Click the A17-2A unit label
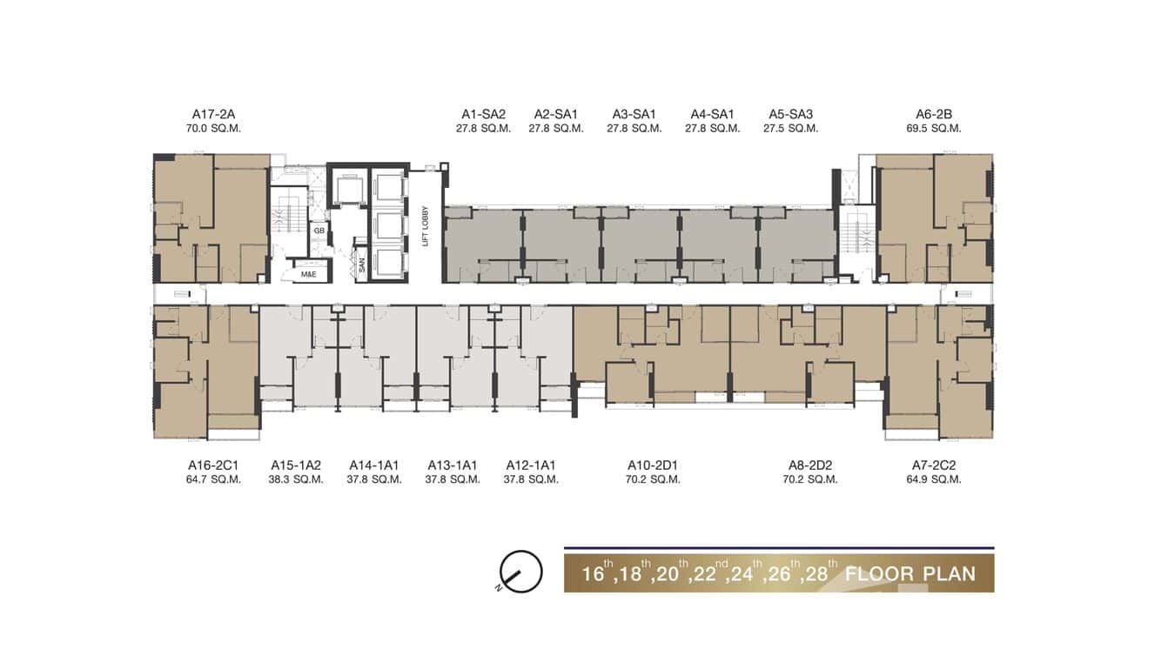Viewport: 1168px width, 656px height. tap(213, 114)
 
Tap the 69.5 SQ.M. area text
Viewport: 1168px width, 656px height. tap(933, 128)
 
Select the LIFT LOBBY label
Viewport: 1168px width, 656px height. tap(425, 226)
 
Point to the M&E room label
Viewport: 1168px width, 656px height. tap(309, 274)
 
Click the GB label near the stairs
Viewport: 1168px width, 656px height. tap(319, 231)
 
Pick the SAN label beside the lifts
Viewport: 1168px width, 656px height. tap(362, 265)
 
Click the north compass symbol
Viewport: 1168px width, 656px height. tap(520, 572)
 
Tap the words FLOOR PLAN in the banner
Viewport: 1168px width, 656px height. tap(910, 573)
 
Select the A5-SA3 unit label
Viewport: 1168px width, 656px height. tap(790, 114)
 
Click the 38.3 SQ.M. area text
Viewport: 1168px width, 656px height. tap(296, 479)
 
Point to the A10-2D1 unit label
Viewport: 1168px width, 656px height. tap(652, 465)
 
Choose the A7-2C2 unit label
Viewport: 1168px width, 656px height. tap(933, 465)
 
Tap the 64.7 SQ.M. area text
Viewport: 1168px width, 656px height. tap(213, 479)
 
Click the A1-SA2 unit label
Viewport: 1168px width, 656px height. tap(483, 114)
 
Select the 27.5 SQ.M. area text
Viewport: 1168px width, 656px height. tap(790, 128)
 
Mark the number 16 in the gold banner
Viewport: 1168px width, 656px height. tap(593, 574)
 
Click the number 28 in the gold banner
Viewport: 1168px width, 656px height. tap(816, 574)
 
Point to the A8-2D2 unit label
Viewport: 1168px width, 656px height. tap(809, 465)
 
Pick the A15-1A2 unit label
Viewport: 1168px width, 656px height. tap(296, 465)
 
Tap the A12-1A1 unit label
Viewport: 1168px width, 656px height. tap(531, 465)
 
